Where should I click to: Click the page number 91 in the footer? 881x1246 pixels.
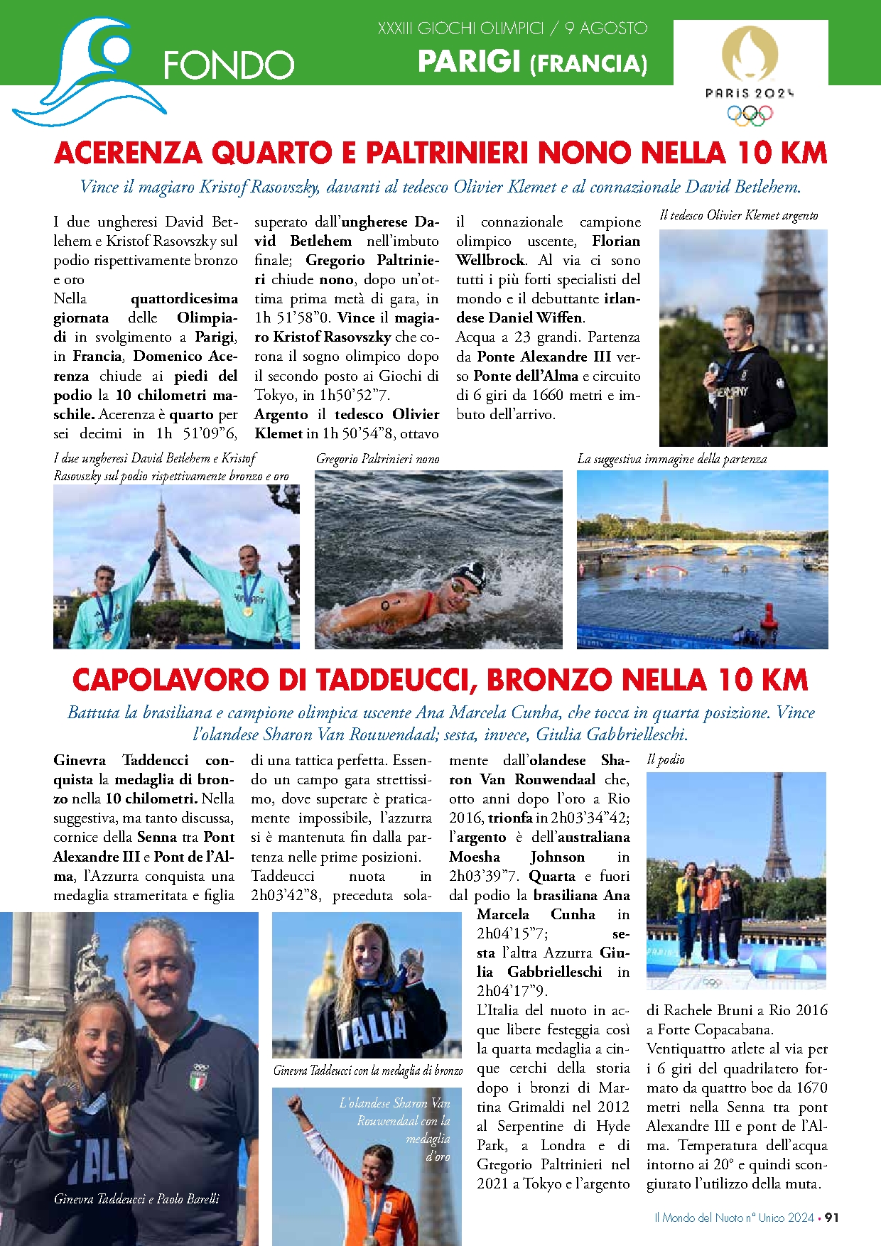click(831, 1217)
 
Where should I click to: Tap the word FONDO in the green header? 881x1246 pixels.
click(228, 65)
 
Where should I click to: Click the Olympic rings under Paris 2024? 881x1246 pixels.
click(750, 115)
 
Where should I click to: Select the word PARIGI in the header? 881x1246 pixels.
click(469, 62)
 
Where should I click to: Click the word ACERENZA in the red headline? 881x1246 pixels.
click(128, 153)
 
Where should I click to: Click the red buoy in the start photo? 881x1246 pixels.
click(768, 615)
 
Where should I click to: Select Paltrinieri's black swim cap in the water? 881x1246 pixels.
click(470, 574)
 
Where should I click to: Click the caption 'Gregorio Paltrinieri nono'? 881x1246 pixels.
click(377, 459)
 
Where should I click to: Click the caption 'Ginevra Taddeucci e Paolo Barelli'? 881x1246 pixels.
click(136, 1198)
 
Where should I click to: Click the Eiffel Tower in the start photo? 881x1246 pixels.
click(665, 502)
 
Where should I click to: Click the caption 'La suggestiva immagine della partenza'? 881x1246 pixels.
click(671, 459)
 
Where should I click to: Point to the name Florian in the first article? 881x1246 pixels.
click(615, 241)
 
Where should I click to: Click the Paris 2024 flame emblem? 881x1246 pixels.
click(750, 53)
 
